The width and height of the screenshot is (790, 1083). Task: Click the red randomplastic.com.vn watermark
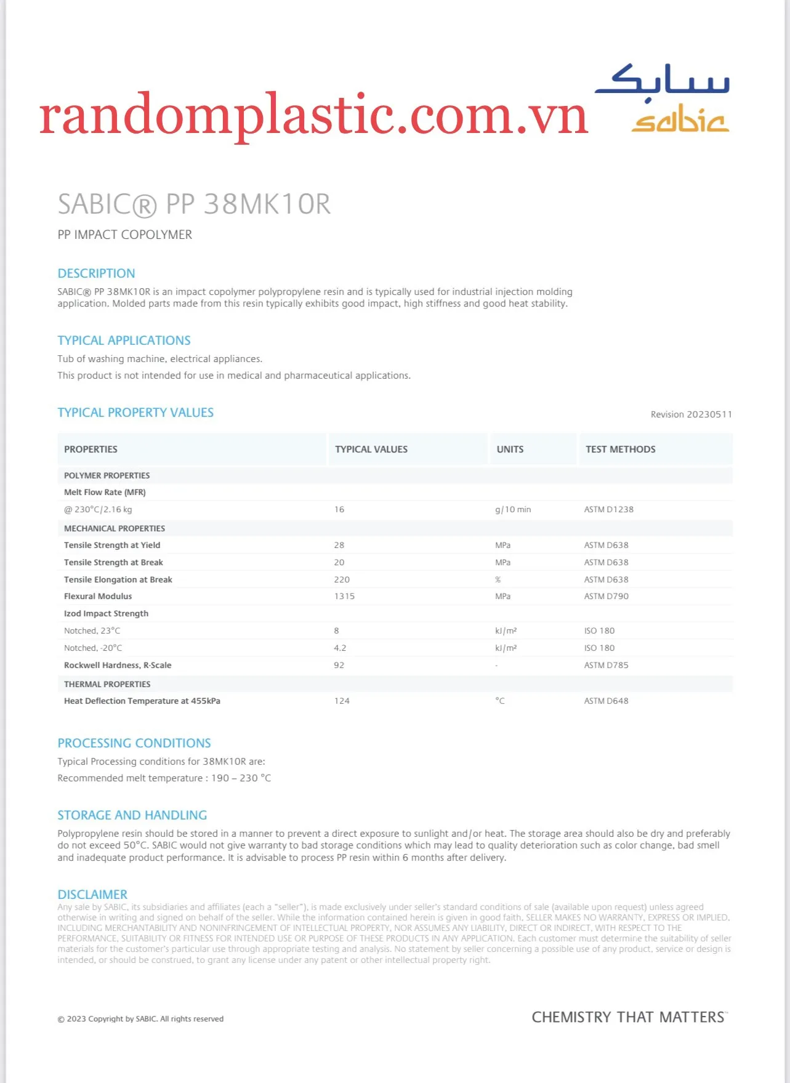pos(313,115)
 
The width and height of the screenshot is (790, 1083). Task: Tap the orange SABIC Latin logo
pos(680,122)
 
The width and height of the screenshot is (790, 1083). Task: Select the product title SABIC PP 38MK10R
pos(194,204)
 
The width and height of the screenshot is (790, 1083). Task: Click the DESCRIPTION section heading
pos(96,273)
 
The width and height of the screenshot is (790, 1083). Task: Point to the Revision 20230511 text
pos(691,414)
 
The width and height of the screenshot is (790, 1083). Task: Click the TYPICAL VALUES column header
pos(371,449)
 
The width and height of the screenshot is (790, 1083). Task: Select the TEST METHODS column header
pos(620,449)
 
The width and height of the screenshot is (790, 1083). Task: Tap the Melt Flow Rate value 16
pos(339,510)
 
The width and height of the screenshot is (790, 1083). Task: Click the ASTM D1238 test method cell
pos(608,510)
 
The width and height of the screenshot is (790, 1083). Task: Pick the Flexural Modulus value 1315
pos(344,596)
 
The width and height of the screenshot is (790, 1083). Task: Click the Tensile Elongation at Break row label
pos(118,579)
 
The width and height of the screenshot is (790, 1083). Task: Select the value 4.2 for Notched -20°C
pos(340,648)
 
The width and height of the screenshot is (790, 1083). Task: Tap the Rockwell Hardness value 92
pos(339,665)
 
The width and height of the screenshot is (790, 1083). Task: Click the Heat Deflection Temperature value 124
pos(342,701)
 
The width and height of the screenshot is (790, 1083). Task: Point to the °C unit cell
pos(500,701)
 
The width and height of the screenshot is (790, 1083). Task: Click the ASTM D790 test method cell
pos(606,596)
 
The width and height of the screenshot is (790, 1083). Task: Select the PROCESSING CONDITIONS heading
pos(134,743)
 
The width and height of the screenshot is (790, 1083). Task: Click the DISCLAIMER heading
pos(92,895)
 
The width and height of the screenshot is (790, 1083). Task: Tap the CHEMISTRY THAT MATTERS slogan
pos(629,1017)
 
